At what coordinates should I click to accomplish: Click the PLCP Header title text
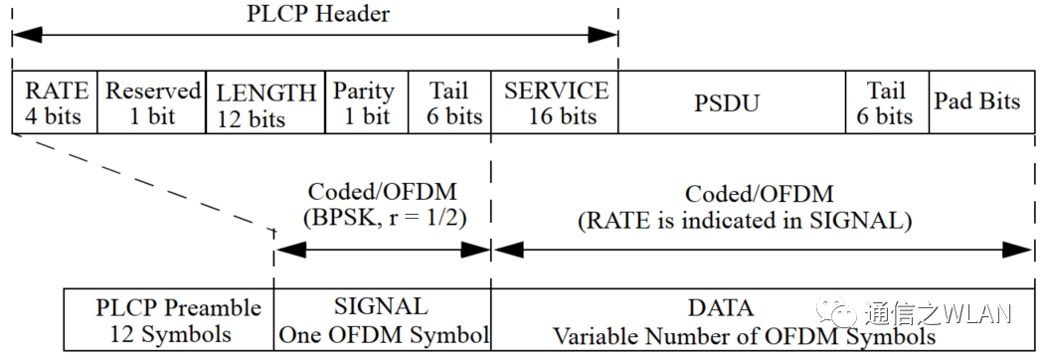click(317, 14)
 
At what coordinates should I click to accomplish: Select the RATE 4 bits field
click(56, 103)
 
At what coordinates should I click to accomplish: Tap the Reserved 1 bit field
click(153, 103)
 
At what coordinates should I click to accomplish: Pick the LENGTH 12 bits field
click(265, 104)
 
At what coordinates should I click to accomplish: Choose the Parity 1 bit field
click(364, 103)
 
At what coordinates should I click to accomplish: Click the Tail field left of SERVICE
click(449, 103)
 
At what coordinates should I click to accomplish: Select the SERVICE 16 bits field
click(556, 103)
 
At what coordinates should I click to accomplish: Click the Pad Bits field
click(976, 102)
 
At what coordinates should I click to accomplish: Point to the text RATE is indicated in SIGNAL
click(744, 220)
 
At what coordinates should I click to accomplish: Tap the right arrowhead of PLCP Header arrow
click(604, 36)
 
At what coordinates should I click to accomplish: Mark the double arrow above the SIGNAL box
click(382, 251)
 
